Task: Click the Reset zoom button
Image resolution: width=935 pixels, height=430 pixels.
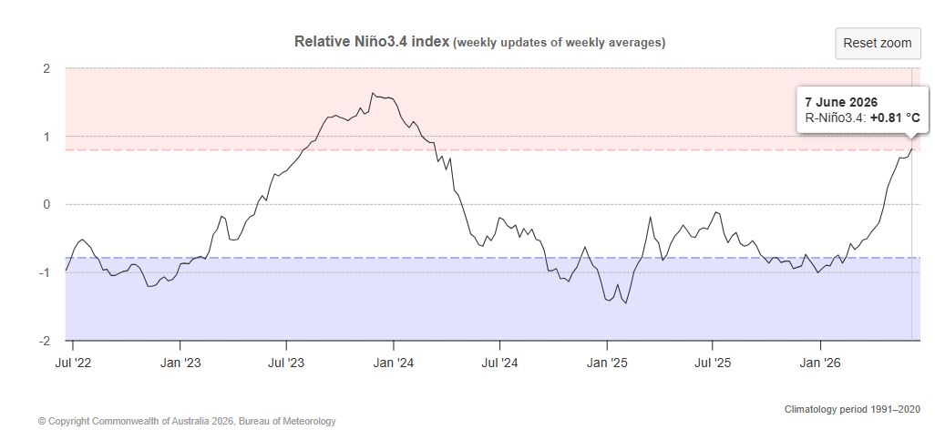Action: pyautogui.click(x=878, y=43)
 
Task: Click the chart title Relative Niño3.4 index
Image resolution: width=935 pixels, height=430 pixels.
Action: pyautogui.click(x=372, y=42)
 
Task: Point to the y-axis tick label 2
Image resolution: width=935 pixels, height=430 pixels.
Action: pyautogui.click(x=46, y=68)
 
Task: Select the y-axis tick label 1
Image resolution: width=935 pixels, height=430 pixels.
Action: pyautogui.click(x=46, y=137)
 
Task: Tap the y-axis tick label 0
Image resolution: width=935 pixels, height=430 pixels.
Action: pyautogui.click(x=46, y=205)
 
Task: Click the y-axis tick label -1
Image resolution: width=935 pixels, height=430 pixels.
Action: pyautogui.click(x=44, y=272)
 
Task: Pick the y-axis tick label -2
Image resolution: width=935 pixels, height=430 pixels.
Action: pyautogui.click(x=44, y=341)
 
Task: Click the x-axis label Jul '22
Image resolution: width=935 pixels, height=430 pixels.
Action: pyautogui.click(x=73, y=363)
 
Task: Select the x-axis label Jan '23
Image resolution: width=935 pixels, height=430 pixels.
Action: pyautogui.click(x=180, y=363)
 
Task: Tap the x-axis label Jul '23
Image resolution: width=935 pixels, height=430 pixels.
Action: pyautogui.click(x=287, y=363)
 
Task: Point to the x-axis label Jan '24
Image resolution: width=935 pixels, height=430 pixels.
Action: pyautogui.click(x=394, y=363)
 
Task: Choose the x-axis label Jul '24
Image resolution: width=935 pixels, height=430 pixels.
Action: pyautogui.click(x=499, y=363)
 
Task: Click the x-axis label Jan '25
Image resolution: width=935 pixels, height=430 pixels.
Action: pyautogui.click(x=607, y=363)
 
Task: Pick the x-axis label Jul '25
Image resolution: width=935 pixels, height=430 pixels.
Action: pyautogui.click(x=713, y=363)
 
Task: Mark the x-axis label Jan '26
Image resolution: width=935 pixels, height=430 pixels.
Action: pyautogui.click(x=820, y=363)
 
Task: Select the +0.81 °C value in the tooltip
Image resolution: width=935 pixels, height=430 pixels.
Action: pyautogui.click(x=895, y=118)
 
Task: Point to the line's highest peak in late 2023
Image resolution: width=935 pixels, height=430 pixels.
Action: pyautogui.click(x=373, y=93)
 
